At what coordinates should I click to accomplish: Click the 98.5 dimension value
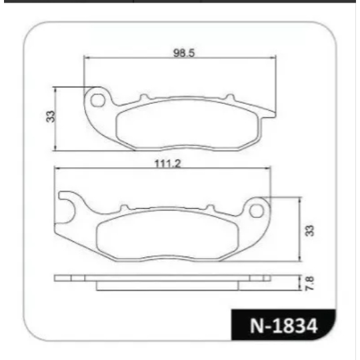[x=184, y=53]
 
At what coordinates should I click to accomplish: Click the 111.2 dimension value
[x=167, y=164]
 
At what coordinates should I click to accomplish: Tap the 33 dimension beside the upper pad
[x=51, y=117]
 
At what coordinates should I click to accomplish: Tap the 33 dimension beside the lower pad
[x=309, y=231]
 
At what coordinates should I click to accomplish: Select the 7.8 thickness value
[x=310, y=283]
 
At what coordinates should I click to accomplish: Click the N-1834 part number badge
[x=283, y=325]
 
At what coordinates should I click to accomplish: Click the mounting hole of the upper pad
[x=97, y=100]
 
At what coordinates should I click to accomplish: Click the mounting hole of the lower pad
[x=257, y=211]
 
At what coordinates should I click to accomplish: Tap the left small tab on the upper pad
[x=144, y=97]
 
